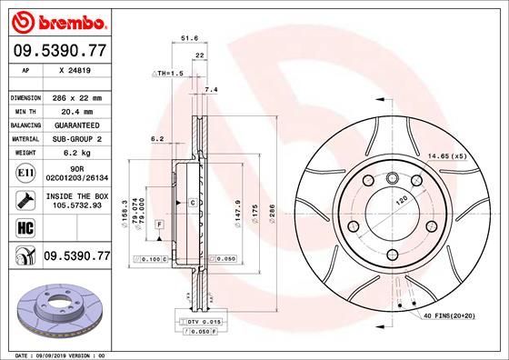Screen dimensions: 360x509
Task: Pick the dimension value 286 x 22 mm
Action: pyautogui.click(x=77, y=97)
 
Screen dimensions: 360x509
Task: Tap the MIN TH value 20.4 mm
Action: pyautogui.click(x=77, y=109)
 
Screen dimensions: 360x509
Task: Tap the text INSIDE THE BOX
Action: pyautogui.click(x=77, y=196)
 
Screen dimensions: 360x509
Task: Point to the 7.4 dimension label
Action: pyautogui.click(x=212, y=90)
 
